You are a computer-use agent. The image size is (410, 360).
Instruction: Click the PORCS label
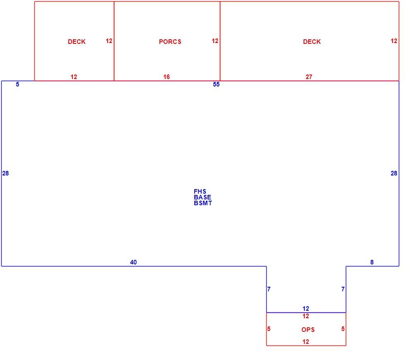(170, 42)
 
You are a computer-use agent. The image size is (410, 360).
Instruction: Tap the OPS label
(308, 330)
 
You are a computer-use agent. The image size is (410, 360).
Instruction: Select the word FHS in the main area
(200, 192)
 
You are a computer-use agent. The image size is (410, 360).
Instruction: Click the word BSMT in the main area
(203, 203)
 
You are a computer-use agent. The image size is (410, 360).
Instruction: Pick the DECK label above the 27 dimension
(312, 42)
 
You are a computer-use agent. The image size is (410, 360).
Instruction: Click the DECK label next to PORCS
(77, 42)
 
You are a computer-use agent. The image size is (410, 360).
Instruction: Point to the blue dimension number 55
(216, 84)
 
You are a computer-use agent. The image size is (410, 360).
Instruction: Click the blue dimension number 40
(133, 262)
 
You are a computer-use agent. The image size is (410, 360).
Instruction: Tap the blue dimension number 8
(372, 262)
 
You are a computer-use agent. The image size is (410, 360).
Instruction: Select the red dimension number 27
(309, 77)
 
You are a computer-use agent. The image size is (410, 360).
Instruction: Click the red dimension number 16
(166, 77)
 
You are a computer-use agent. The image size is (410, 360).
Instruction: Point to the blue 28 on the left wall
(5, 173)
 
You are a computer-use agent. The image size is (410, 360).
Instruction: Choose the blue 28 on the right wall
(394, 173)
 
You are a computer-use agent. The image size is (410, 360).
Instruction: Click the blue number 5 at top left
(17, 84)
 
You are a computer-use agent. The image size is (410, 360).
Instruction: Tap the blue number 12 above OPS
(306, 309)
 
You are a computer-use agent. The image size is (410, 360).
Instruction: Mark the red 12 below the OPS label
(306, 342)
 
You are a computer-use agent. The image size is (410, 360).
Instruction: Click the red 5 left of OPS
(269, 329)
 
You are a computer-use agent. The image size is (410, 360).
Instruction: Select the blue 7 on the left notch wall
(269, 289)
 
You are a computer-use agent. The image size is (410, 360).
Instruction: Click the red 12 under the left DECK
(74, 77)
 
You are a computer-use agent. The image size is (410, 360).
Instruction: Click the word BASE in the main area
(203, 197)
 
